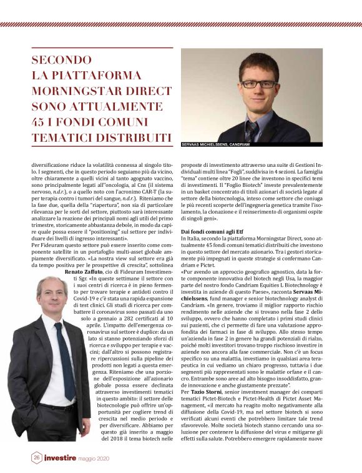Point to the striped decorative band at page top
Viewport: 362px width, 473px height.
tap(181, 24)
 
